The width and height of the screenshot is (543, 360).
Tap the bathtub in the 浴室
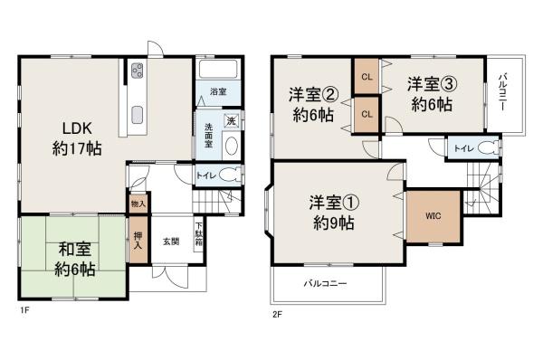(217, 71)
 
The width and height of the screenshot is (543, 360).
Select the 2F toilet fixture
(490, 147)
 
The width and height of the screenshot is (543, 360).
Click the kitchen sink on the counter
(138, 113)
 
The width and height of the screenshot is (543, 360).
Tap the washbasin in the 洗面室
(230, 145)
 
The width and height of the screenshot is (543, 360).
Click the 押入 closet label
(138, 240)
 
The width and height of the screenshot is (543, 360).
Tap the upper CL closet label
(367, 76)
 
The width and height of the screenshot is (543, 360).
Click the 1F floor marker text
(27, 312)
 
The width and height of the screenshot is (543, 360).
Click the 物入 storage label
(138, 204)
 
